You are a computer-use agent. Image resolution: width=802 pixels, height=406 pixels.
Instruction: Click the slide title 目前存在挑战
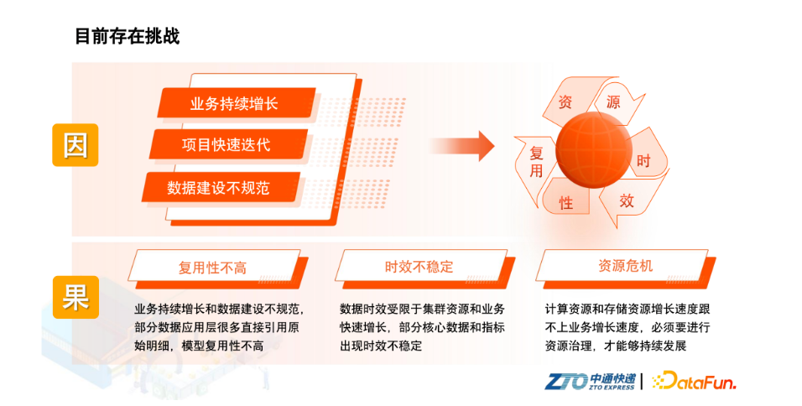[128, 36]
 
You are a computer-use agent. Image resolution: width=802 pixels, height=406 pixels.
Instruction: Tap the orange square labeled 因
[76, 145]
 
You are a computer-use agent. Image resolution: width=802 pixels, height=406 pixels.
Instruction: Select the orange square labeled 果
[76, 297]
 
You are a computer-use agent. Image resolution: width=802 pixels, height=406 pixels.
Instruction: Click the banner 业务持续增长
[236, 103]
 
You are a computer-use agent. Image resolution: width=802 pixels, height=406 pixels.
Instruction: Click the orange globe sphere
[593, 150]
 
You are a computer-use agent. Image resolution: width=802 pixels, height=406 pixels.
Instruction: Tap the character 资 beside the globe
[565, 102]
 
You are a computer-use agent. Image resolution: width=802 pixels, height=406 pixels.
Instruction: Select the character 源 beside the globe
[613, 102]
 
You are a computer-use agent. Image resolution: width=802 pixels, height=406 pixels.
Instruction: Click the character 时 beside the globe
[643, 161]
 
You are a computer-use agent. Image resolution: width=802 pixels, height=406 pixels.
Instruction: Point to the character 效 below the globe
[627, 200]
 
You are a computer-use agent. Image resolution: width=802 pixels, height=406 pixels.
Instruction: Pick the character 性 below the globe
[565, 203]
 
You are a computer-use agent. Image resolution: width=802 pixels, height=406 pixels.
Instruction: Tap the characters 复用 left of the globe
[536, 162]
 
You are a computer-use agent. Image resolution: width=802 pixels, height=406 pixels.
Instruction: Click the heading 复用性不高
[212, 268]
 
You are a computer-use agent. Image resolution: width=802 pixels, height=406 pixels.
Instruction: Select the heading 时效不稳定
[419, 267]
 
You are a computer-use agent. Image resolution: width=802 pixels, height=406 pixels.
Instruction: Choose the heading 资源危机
[625, 265]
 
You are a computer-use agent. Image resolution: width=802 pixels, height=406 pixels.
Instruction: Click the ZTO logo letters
[566, 382]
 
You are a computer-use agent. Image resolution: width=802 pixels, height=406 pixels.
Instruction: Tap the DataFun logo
[694, 381]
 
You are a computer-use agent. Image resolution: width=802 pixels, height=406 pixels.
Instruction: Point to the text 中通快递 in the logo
[612, 379]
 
